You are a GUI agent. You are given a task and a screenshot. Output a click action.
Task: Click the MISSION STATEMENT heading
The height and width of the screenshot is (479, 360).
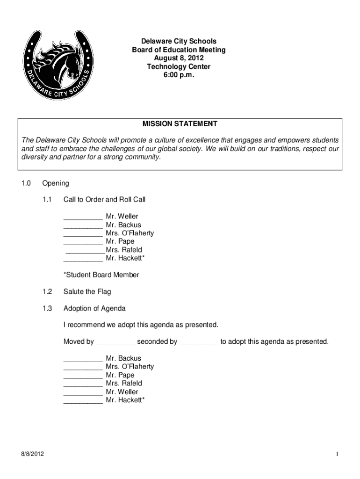click(180, 124)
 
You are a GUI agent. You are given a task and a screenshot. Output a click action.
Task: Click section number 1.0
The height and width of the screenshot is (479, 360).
click(26, 183)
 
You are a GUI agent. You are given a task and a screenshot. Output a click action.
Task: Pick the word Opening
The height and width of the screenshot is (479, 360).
click(55, 183)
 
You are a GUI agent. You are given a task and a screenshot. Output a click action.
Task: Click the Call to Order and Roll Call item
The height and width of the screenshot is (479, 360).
click(104, 200)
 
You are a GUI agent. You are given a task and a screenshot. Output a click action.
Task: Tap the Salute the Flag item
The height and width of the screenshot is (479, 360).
click(87, 291)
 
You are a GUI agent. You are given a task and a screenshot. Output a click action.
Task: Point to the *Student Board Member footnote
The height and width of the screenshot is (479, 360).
click(101, 275)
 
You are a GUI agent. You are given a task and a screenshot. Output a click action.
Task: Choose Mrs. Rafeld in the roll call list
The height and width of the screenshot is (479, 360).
click(124, 250)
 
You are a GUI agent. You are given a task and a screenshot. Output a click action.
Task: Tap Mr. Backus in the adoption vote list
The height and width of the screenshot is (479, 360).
click(123, 358)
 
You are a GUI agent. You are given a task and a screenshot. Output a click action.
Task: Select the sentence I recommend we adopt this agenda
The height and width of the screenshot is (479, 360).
click(141, 325)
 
